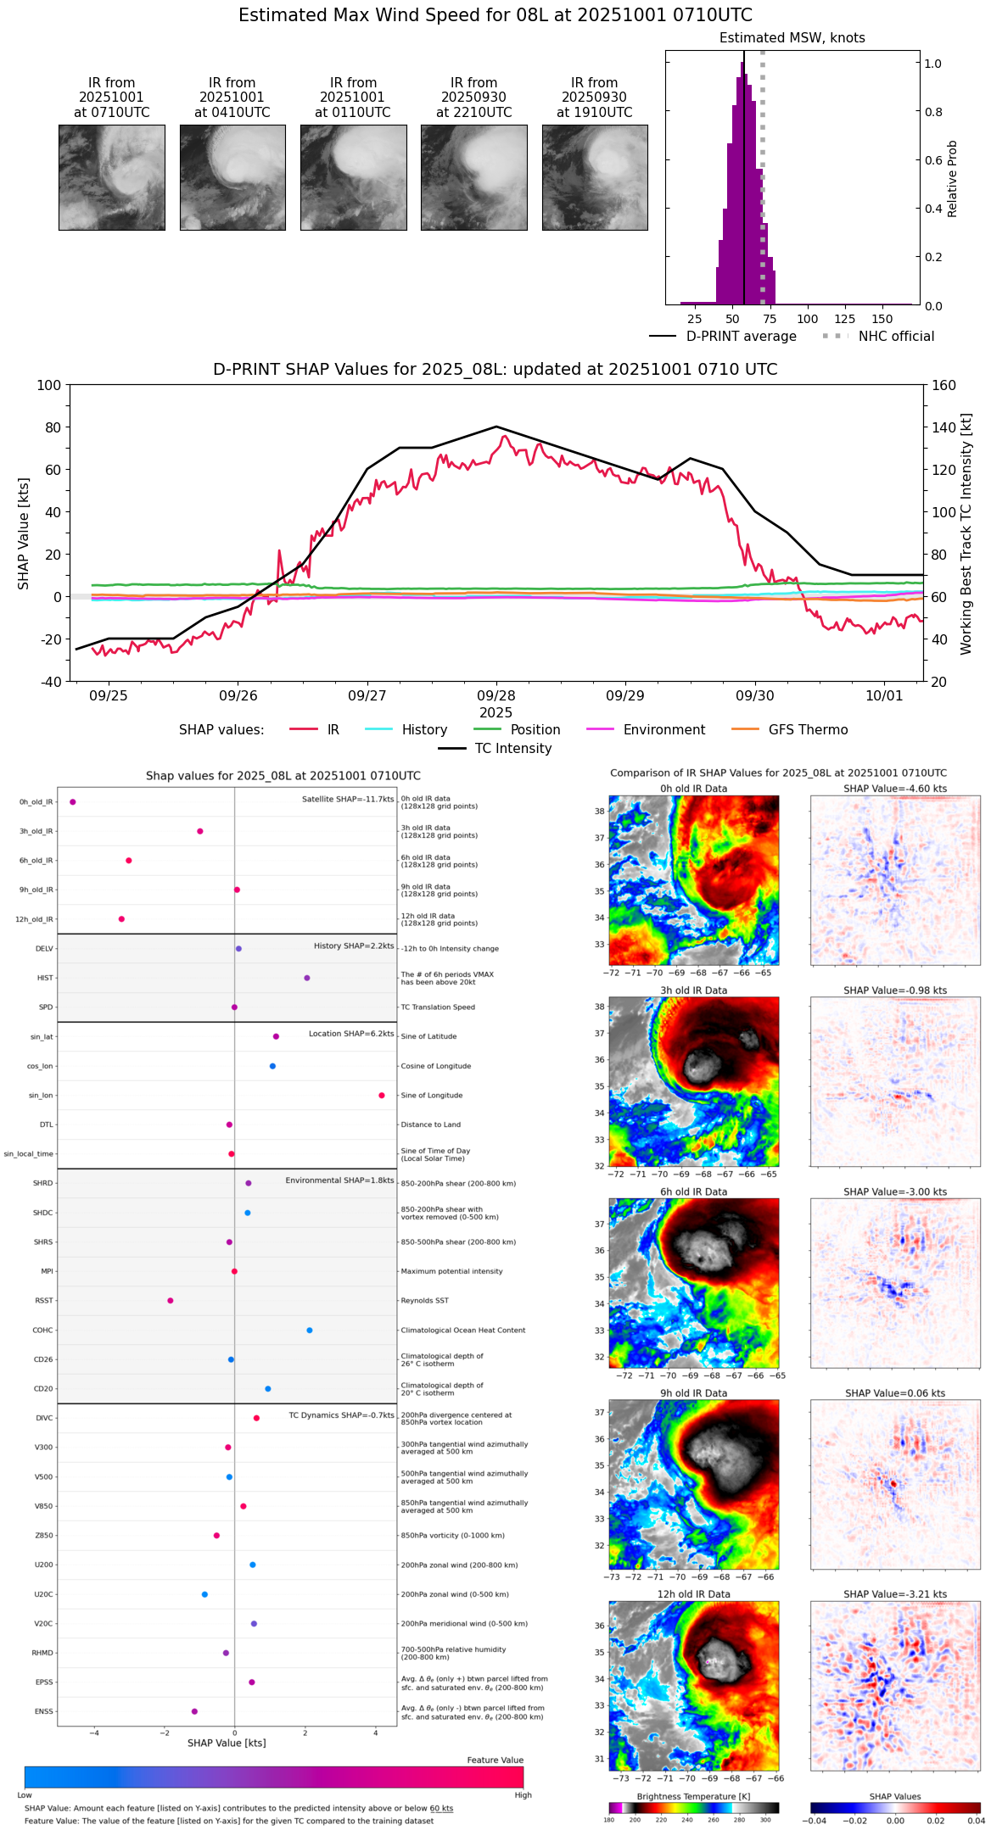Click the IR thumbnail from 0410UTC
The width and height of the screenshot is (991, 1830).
pyautogui.click(x=232, y=177)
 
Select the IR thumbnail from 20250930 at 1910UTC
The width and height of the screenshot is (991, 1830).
pyautogui.click(x=595, y=177)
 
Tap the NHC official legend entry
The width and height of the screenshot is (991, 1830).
pyautogui.click(x=896, y=337)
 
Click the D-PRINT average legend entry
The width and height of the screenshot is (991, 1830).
pyautogui.click(x=741, y=337)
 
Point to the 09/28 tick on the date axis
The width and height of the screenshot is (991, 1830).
pyautogui.click(x=496, y=695)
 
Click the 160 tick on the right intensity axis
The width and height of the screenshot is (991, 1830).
pyautogui.click(x=944, y=385)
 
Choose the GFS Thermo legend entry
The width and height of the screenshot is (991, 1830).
pyautogui.click(x=808, y=730)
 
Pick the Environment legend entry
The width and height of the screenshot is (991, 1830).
pyautogui.click(x=663, y=730)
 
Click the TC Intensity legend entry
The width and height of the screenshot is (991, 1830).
pyautogui.click(x=512, y=749)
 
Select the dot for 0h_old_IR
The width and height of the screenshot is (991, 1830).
pyautogui.click(x=73, y=801)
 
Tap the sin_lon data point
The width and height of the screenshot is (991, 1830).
pyautogui.click(x=382, y=1096)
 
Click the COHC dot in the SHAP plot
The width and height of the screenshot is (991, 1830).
pyautogui.click(x=309, y=1330)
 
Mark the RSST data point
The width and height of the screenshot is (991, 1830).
pyautogui.click(x=170, y=1301)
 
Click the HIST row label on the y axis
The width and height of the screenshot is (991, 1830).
pyautogui.click(x=45, y=978)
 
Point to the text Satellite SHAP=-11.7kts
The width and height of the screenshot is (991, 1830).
pyautogui.click(x=348, y=799)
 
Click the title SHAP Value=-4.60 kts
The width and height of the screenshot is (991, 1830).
pyautogui.click(x=895, y=789)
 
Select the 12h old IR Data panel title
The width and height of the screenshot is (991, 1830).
pyautogui.click(x=693, y=1594)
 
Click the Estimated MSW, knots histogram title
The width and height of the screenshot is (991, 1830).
pyautogui.click(x=792, y=38)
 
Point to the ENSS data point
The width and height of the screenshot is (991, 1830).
pyautogui.click(x=194, y=1711)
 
